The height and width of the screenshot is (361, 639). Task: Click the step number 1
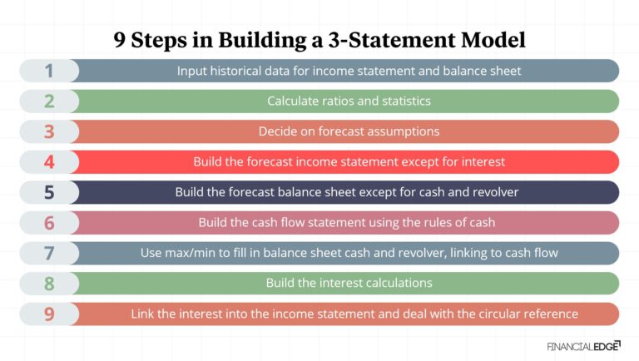48,71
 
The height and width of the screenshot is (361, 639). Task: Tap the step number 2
48,101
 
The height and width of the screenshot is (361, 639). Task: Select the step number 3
48,131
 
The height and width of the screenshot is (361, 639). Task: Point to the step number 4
48,162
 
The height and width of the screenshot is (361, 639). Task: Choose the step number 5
48,192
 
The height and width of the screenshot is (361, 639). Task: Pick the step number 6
48,223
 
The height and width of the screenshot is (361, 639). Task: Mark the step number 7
48,253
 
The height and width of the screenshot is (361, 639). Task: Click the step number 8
48,284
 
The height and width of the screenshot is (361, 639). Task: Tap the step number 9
48,314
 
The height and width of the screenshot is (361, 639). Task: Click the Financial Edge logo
582,345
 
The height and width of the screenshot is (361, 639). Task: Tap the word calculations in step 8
396,284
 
